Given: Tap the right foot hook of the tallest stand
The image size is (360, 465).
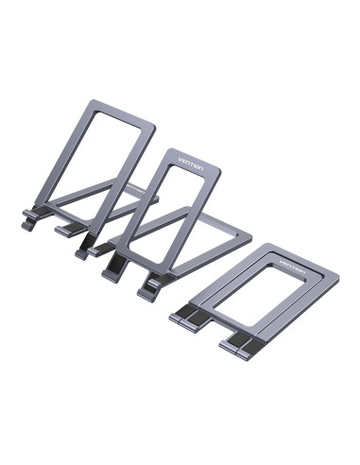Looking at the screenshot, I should click(68, 231).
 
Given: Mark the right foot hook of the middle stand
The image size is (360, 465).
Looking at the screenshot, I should click(151, 284).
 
